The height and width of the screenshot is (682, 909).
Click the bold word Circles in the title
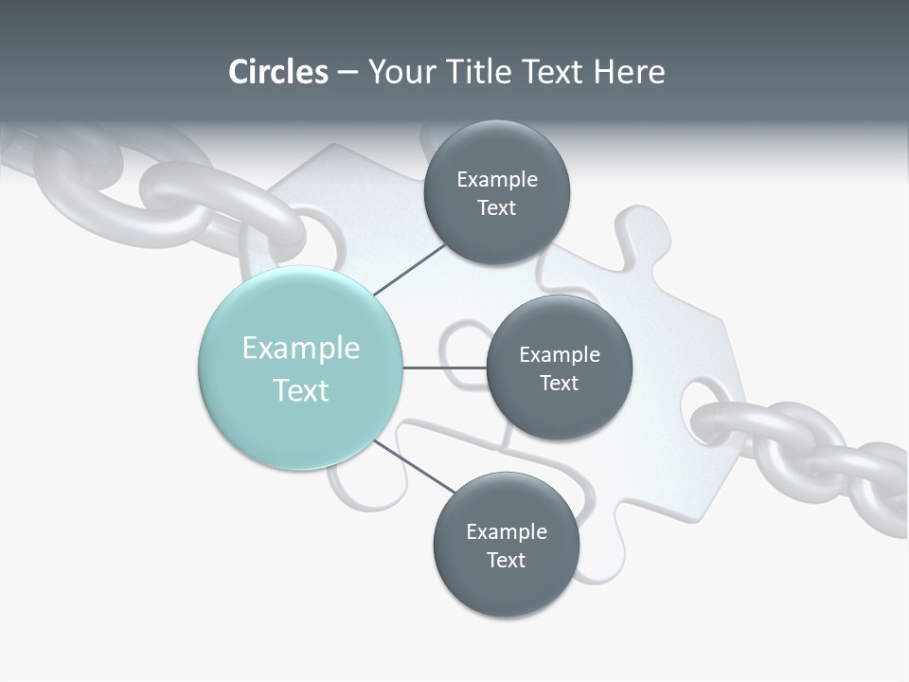278,72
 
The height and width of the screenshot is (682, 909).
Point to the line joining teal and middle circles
444,368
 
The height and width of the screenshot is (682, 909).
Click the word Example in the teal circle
301,349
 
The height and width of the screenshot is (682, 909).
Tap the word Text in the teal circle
301,390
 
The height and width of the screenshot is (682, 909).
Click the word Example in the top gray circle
497,180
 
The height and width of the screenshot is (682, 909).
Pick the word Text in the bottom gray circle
506,560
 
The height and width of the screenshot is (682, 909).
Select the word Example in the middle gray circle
560,355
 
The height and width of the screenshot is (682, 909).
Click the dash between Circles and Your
348,73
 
